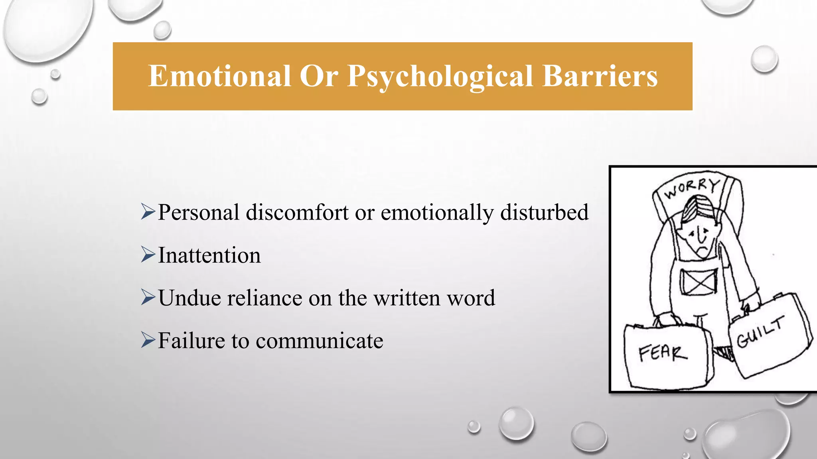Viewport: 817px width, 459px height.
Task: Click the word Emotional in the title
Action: coord(219,76)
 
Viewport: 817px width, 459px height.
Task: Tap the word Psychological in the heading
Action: coord(440,76)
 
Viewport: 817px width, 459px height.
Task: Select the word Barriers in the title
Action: coord(600,76)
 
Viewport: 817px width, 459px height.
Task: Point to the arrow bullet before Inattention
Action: coord(148,255)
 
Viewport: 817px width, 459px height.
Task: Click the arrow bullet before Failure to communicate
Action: coord(148,340)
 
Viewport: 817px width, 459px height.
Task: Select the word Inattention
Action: coord(209,255)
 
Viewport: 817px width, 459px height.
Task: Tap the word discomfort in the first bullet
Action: coord(297,212)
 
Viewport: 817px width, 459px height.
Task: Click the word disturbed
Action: coord(544,212)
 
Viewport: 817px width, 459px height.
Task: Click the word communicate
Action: coord(319,341)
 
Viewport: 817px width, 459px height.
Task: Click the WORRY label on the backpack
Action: coord(692,188)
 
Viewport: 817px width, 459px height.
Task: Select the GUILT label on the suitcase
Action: coord(760,332)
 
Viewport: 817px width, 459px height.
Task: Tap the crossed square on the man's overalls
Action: coord(699,282)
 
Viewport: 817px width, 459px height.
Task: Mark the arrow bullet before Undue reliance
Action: coord(148,297)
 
